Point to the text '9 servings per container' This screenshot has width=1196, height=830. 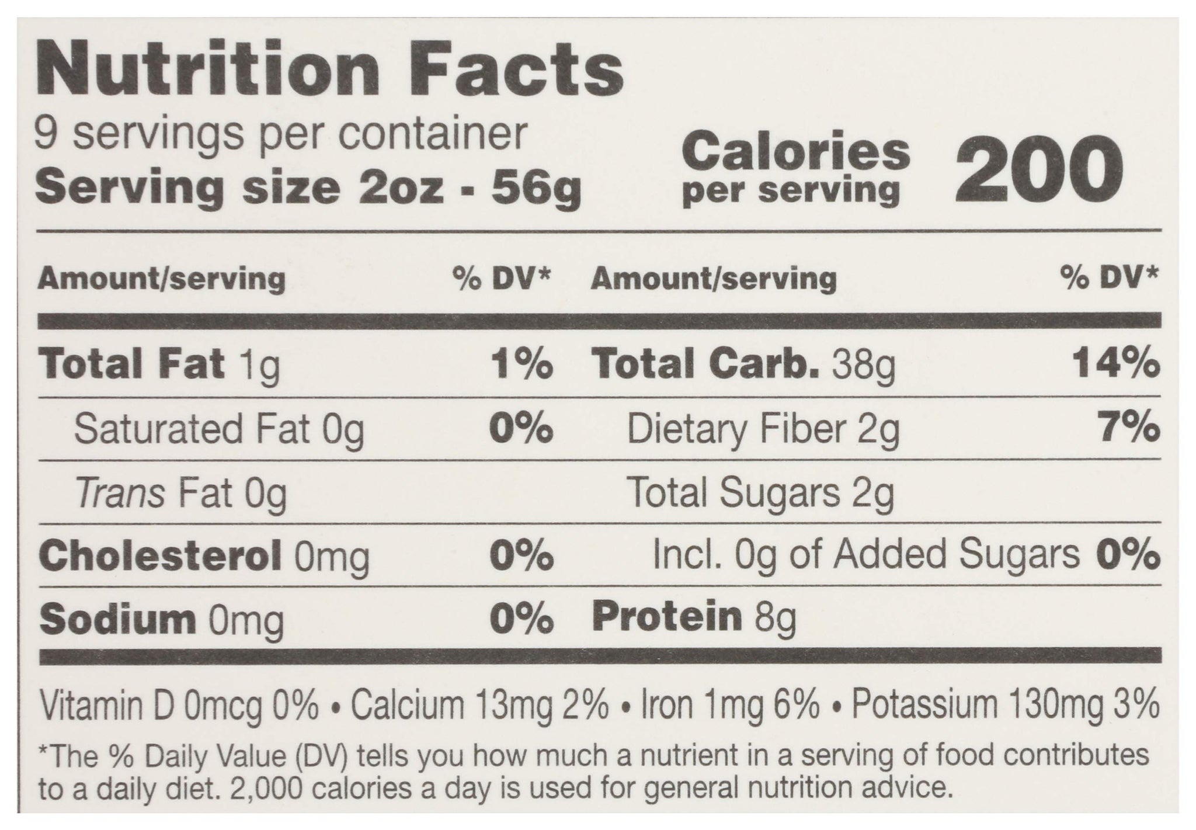281,135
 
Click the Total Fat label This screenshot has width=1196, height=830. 131,363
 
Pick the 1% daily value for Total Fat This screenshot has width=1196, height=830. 521,363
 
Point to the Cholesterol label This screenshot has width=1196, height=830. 159,555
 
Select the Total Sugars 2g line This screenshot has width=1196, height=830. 760,494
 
